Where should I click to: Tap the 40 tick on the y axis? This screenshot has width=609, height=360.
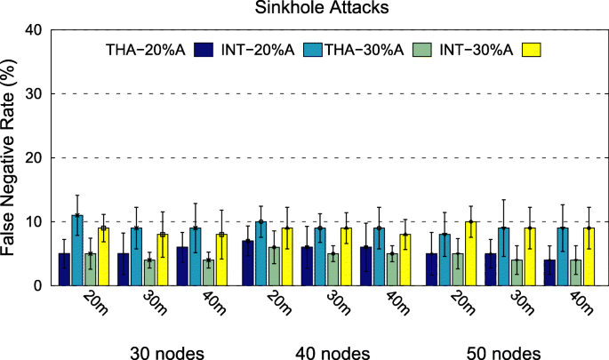click(x=32, y=29)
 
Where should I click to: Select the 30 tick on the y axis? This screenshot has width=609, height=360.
click(x=32, y=93)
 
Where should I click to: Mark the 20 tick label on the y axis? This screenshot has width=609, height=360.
click(x=32, y=157)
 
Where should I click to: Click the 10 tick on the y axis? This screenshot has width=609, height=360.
click(x=32, y=221)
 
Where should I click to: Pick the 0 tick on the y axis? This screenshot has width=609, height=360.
click(x=36, y=285)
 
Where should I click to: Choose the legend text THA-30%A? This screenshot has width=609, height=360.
click(x=367, y=50)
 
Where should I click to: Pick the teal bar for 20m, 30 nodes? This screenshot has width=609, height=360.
click(x=77, y=251)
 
